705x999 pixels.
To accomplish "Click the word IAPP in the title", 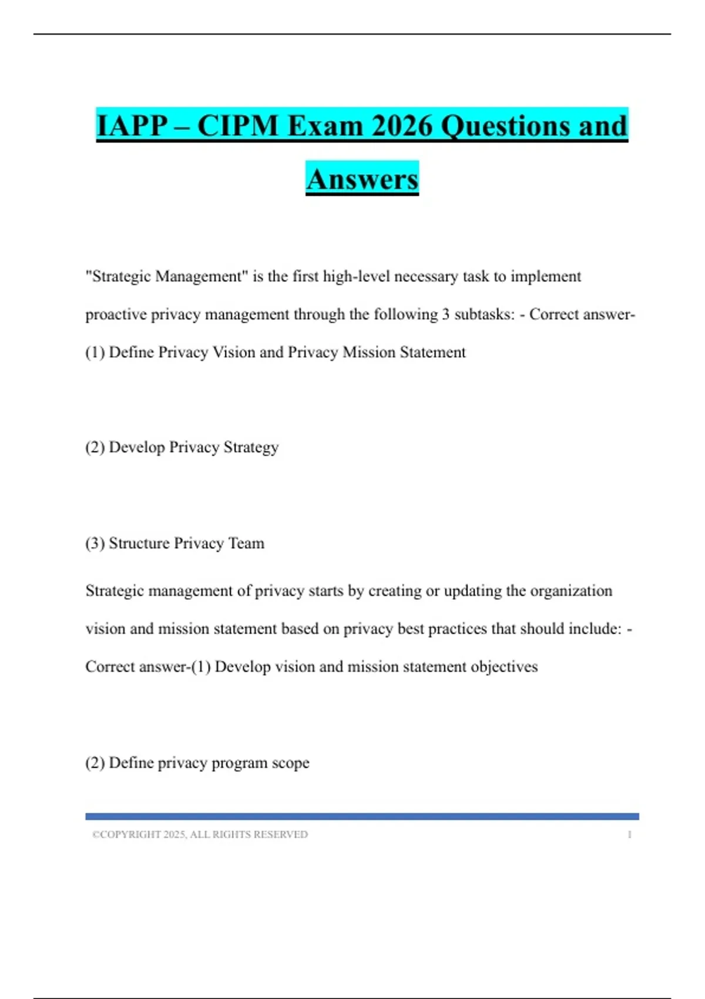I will pyautogui.click(x=132, y=126).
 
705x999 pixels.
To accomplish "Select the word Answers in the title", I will pyautogui.click(x=362, y=179).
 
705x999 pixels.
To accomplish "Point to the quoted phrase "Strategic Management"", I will pyautogui.click(x=167, y=276).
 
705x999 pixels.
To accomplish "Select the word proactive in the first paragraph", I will pyautogui.click(x=116, y=314).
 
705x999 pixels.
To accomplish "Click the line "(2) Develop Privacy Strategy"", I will pyautogui.click(x=182, y=447).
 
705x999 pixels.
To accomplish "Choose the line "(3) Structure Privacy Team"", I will pyautogui.click(x=175, y=543).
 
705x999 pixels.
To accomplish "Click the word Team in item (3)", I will pyautogui.click(x=246, y=543).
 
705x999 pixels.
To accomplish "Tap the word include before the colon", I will pyautogui.click(x=595, y=629).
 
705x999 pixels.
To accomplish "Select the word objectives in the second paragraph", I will pyautogui.click(x=504, y=667).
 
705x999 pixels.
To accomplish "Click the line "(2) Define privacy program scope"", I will pyautogui.click(x=197, y=763).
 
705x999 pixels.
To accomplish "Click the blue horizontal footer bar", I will pyautogui.click(x=362, y=816).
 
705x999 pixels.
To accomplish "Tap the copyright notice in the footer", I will pyautogui.click(x=200, y=834).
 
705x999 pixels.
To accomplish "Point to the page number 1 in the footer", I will pyautogui.click(x=629, y=834).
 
